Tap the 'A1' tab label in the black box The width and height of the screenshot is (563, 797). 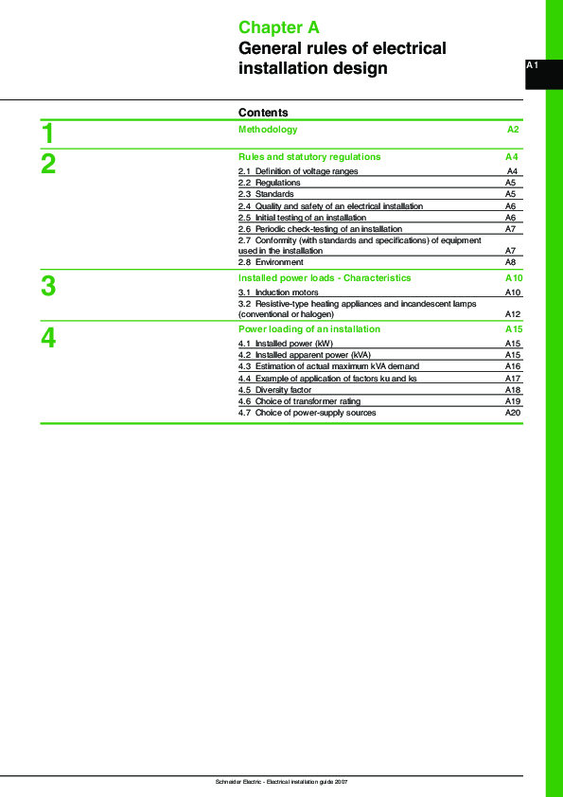coord(532,65)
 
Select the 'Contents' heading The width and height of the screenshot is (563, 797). coord(263,113)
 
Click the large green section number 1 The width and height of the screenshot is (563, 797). coord(48,133)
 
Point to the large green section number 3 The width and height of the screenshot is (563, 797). coord(48,286)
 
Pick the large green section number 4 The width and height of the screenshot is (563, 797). coord(48,338)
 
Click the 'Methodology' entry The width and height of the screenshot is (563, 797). coord(268,130)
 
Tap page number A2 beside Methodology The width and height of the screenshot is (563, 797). coord(513,130)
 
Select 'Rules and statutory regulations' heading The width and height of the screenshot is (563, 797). coord(309,157)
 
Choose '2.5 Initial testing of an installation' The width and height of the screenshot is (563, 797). coord(302,218)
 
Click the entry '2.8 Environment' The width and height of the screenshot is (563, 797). coord(271,262)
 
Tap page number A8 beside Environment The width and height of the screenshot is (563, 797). coord(510,262)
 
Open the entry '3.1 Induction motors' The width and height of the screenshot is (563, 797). coord(278,293)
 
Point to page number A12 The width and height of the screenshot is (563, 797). coord(513,314)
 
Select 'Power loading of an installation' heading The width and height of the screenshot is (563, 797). coord(309,329)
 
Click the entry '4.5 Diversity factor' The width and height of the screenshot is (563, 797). coord(274,390)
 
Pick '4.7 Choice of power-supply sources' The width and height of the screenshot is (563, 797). coord(307,413)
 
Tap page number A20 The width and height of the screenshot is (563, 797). coord(513,413)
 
